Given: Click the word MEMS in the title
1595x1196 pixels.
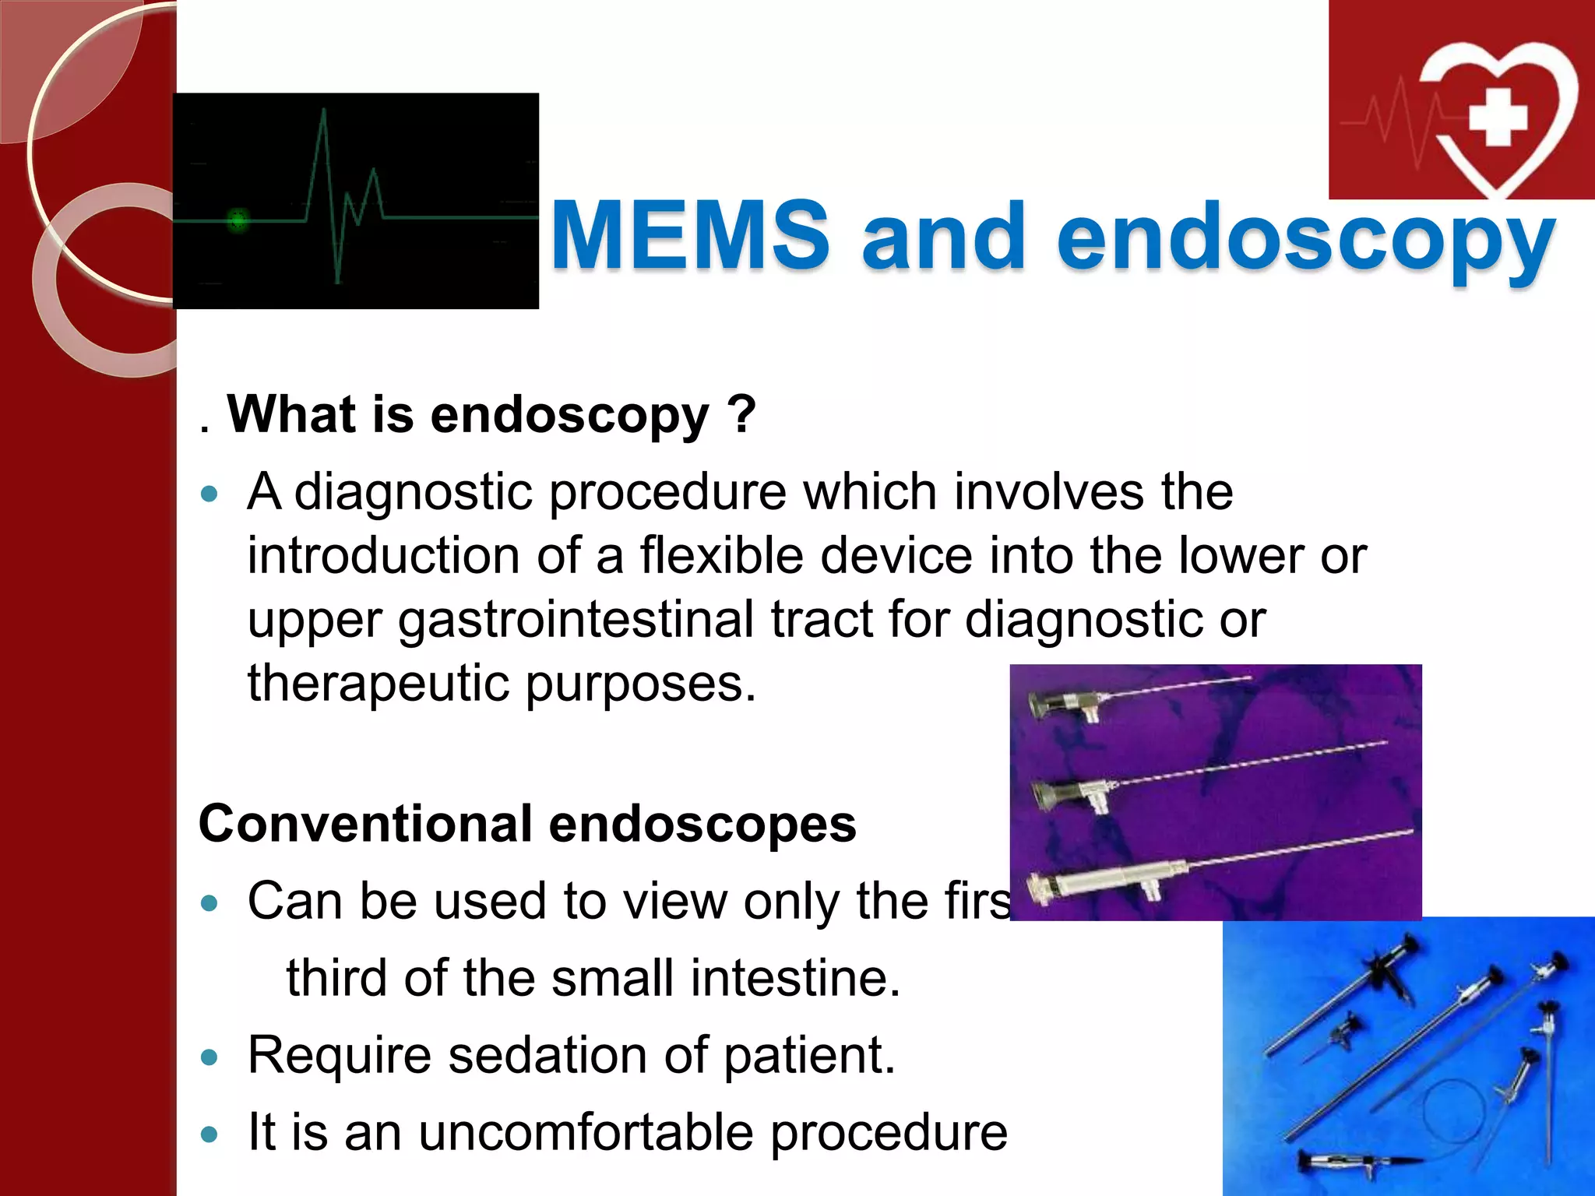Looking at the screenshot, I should pos(689,235).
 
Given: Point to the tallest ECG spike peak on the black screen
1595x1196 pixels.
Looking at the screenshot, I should pos(323,111).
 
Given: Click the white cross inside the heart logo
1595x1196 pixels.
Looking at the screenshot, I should pos(1497,117).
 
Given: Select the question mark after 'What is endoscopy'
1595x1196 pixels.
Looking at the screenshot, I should pos(744,414).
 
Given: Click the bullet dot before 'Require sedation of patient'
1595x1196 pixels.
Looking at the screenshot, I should pos(209,1057).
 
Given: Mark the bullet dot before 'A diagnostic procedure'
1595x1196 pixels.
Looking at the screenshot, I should pos(209,494).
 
